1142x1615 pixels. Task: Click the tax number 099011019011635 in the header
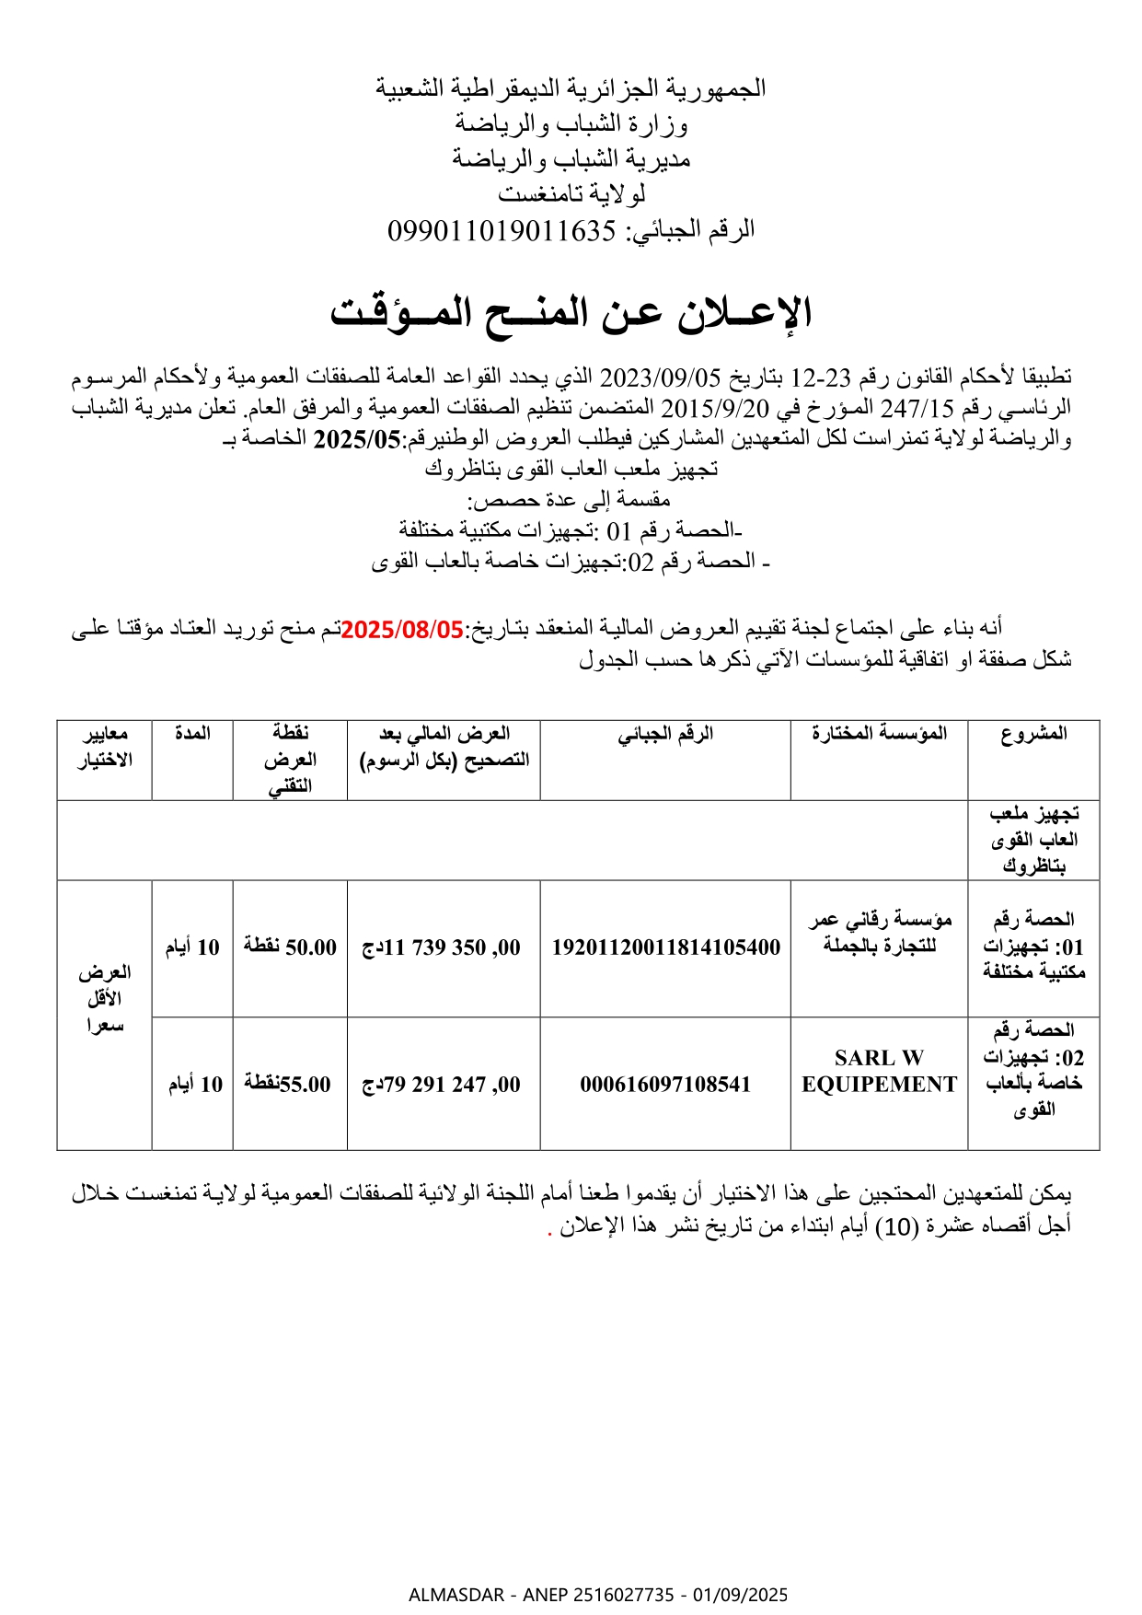(502, 230)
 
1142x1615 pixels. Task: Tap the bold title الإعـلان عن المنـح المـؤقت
(571, 313)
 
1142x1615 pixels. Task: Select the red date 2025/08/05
(402, 630)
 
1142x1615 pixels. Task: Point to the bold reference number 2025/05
(357, 438)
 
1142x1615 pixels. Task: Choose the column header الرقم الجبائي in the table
(665, 734)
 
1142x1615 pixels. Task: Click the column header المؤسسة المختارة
(879, 734)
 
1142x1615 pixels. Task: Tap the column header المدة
(192, 734)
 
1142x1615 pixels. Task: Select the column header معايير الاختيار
(105, 747)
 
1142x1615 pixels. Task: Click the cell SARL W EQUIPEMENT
(879, 1071)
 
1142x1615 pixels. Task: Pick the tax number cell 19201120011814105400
(665, 947)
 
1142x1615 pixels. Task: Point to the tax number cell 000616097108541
(665, 1085)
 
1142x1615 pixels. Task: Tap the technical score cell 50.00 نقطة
(290, 947)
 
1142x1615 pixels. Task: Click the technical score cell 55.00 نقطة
(288, 1085)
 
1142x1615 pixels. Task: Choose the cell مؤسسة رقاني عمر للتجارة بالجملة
(879, 933)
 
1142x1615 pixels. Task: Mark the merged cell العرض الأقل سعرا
(105, 999)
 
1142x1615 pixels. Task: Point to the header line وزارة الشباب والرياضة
(571, 123)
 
